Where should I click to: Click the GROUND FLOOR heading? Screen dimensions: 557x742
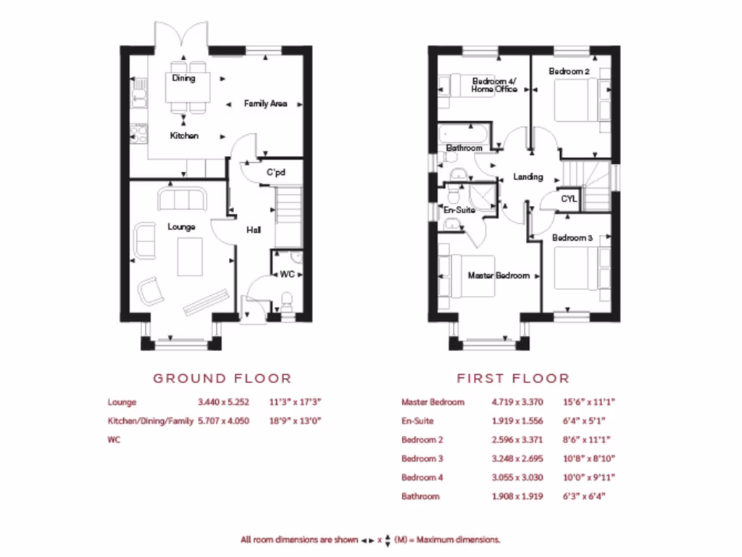[x=222, y=378]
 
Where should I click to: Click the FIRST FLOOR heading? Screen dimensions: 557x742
[x=513, y=378]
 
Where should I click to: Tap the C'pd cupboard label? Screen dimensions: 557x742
[x=276, y=173]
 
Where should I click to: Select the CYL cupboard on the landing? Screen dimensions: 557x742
[x=570, y=199]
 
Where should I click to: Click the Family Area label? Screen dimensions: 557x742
[x=265, y=104]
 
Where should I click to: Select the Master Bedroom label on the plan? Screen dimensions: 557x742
[x=499, y=276]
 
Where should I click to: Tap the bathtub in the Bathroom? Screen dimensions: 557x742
[x=463, y=133]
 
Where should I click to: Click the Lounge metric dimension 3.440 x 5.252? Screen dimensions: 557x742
[x=223, y=402]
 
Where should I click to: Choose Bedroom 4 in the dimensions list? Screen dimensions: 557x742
[x=422, y=477]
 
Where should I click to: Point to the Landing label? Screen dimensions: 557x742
[x=528, y=176]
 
